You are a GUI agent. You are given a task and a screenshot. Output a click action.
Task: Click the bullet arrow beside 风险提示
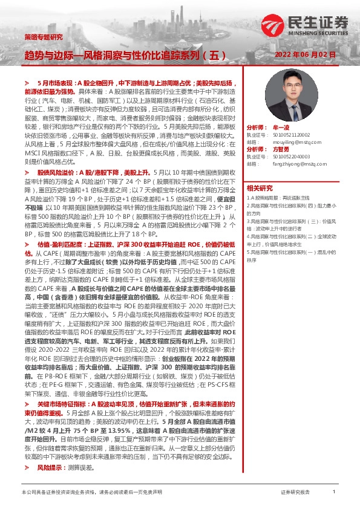[27, 451]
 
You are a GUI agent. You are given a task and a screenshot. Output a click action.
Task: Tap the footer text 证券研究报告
[295, 493]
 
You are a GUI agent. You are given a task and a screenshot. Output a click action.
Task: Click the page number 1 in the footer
[334, 493]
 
